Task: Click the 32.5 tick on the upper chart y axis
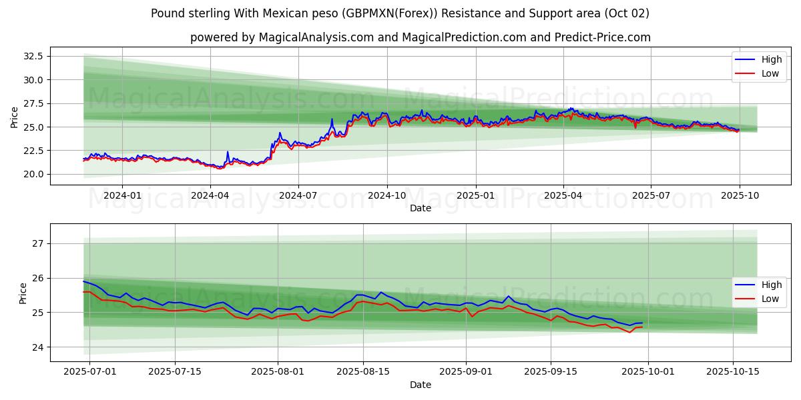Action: (33, 56)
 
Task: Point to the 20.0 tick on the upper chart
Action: (33, 174)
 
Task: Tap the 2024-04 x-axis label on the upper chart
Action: (210, 195)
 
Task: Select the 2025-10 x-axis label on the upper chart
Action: (739, 195)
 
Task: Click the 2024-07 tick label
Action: (298, 195)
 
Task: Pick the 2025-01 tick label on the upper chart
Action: (475, 195)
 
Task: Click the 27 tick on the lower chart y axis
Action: (38, 243)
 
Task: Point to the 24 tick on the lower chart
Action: (38, 347)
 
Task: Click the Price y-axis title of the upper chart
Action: (15, 117)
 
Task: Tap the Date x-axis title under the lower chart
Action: (421, 385)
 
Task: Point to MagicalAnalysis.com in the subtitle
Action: (310, 37)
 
